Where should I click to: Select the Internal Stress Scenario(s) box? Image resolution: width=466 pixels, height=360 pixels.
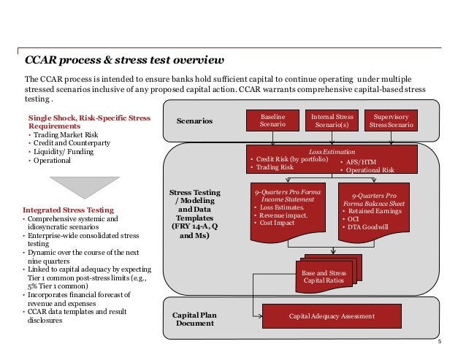[334, 120]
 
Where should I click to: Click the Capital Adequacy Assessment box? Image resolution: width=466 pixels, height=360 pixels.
[332, 315]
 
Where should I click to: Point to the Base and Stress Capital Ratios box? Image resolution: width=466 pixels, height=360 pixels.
[324, 277]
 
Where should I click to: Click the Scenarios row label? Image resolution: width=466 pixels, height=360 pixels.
[194, 120]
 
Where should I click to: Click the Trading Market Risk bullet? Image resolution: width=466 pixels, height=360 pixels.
[64, 135]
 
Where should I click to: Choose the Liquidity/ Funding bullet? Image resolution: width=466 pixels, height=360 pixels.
[58, 151]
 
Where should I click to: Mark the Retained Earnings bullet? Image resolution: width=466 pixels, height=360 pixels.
[374, 210]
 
